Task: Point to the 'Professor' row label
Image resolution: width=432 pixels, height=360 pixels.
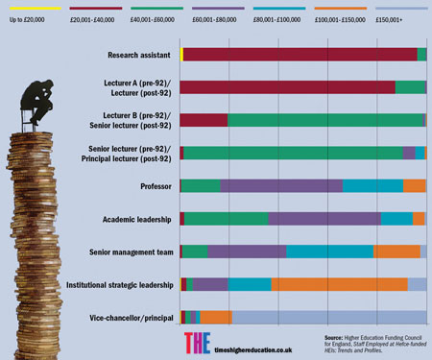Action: point(156,186)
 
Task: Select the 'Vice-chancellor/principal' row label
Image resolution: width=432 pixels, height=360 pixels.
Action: point(131,317)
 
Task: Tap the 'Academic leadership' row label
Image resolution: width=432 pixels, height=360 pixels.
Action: point(137,219)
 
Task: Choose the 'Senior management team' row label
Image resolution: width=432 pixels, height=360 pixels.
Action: point(130,252)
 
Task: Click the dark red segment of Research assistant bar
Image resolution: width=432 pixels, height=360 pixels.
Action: point(298,55)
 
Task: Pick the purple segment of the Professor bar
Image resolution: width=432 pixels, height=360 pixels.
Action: point(280,185)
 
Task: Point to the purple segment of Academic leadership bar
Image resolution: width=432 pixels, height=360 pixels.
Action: point(324,219)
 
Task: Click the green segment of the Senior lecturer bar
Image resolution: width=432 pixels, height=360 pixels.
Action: point(293,153)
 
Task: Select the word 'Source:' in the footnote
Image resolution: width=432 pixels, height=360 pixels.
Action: point(336,337)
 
